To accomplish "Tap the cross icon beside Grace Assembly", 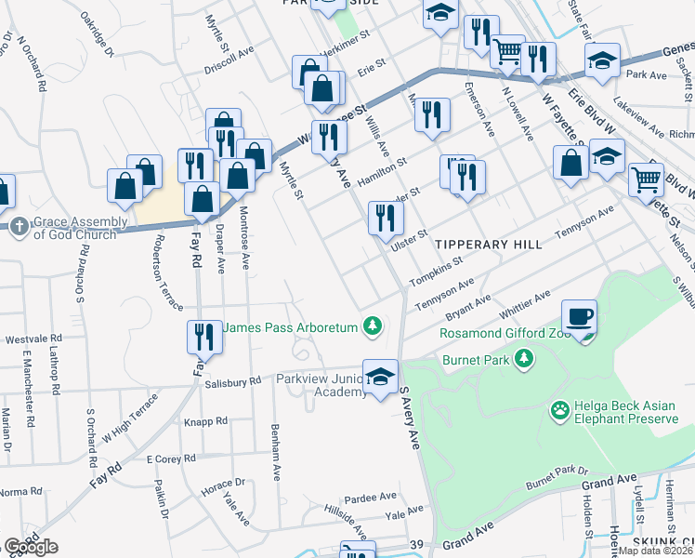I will coord(19,224).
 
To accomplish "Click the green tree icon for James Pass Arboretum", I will coord(372,325).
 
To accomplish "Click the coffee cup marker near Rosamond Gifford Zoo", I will coord(579,315).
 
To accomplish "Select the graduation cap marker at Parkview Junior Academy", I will coord(379,376).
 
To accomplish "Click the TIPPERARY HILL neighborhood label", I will coord(488,244).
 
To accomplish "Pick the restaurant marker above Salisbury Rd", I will coord(204,336).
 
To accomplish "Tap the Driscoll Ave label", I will coord(229,60).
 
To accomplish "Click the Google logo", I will coord(31,547).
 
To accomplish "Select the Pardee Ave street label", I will coord(371,498).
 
